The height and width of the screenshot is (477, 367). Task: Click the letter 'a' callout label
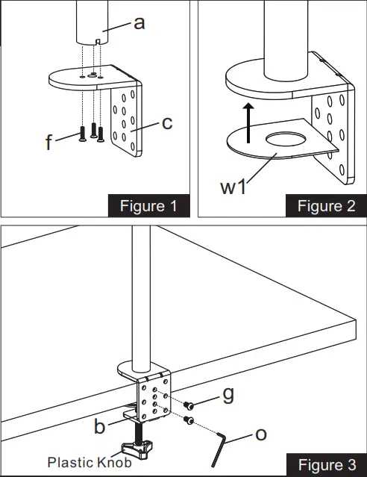pyautogui.click(x=139, y=23)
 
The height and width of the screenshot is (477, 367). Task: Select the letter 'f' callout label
pyautogui.click(x=49, y=140)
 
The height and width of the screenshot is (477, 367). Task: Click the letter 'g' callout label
pyautogui.click(x=228, y=394)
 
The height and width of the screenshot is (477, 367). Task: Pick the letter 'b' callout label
pyautogui.click(x=99, y=427)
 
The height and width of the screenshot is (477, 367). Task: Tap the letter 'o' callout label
pyautogui.click(x=261, y=433)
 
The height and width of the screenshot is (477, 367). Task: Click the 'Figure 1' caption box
pyautogui.click(x=148, y=206)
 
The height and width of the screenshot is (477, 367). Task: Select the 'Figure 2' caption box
pyautogui.click(x=325, y=206)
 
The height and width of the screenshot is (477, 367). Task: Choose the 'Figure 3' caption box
pyautogui.click(x=325, y=465)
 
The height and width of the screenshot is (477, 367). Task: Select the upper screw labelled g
pyautogui.click(x=189, y=405)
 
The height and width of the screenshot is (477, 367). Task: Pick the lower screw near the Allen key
pyautogui.click(x=189, y=422)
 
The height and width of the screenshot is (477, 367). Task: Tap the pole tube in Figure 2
pyautogui.click(x=285, y=45)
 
